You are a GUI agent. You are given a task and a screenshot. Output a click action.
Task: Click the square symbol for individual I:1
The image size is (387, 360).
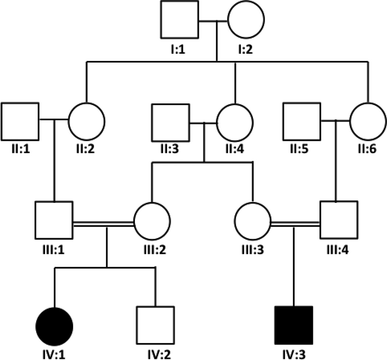point(179,20)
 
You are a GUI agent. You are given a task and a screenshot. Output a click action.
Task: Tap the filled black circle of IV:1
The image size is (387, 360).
point(55,325)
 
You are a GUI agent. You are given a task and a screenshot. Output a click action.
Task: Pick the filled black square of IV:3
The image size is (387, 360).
point(294,325)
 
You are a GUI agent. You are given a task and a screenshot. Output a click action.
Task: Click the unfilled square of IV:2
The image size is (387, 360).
point(155,325)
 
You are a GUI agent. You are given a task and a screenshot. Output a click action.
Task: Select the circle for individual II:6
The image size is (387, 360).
point(368,121)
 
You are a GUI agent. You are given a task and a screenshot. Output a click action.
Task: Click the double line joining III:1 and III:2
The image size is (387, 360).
point(103,223)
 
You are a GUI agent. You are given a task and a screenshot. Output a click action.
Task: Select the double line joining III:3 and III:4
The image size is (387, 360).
point(295,223)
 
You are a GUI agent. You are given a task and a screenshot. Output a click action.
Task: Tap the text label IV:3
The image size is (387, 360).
point(294,354)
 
